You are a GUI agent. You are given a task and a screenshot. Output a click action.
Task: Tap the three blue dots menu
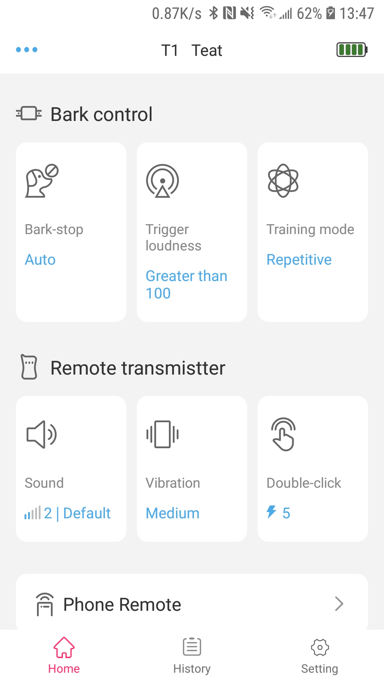pos(27,49)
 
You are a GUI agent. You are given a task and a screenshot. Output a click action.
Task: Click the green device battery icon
pos(352,49)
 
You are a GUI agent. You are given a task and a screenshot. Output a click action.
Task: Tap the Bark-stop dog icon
pos(42,181)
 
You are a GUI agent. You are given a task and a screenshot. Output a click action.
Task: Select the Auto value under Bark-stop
pos(40,260)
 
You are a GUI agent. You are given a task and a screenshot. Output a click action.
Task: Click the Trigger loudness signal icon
pos(162,181)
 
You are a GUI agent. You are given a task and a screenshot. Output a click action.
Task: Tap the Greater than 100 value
pos(186,285)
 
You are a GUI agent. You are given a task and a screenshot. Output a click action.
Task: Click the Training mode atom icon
pos(283,181)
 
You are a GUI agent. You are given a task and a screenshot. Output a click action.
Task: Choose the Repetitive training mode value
pos(299,260)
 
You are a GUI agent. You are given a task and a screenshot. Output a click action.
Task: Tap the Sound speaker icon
pos(42,434)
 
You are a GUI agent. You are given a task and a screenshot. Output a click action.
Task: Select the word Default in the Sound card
pos(87,513)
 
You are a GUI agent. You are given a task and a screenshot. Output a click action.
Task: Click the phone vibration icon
pos(162,434)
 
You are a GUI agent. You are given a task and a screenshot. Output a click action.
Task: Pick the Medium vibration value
pos(172,513)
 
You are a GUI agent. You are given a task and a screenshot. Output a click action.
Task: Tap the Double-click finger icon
pos(283,434)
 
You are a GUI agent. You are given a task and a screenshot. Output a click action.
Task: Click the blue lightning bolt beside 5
pos(271,512)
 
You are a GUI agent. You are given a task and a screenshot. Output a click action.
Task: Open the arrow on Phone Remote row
pos(339,604)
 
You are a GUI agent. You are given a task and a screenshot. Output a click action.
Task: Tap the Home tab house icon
pos(64,647)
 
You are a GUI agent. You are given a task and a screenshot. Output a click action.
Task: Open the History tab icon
pos(192,647)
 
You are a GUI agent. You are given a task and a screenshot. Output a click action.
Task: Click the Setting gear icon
pos(320,647)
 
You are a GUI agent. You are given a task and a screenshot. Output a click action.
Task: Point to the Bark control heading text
pos(102,115)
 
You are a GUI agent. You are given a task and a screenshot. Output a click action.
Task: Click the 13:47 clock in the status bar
pos(357,14)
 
